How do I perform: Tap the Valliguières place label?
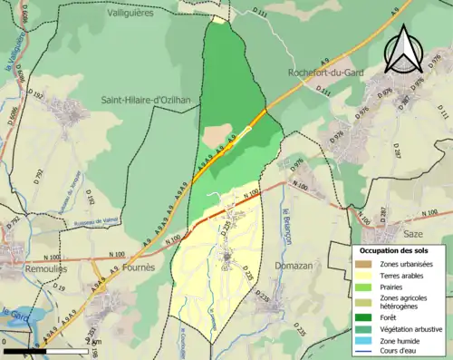point(127,14)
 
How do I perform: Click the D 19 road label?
point(59,287)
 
